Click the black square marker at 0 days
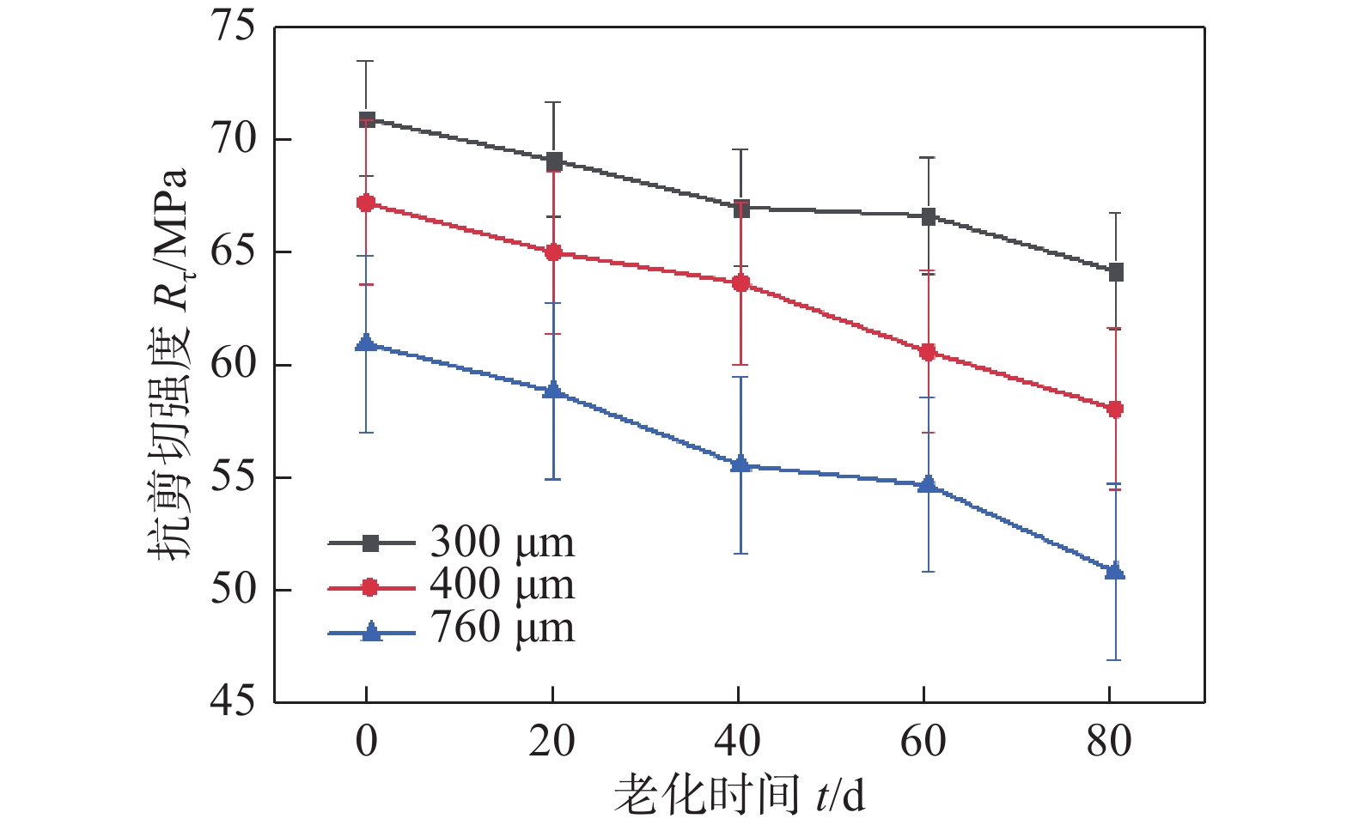click(x=367, y=119)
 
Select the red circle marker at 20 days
click(x=553, y=252)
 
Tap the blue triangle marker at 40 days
click(x=740, y=464)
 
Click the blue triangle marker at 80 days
click(x=1115, y=571)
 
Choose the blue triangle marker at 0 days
click(x=366, y=343)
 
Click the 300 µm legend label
click(x=502, y=542)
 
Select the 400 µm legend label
click(x=502, y=585)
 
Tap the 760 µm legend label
click(x=502, y=628)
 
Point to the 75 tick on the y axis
click(x=233, y=27)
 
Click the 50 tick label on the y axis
click(x=233, y=591)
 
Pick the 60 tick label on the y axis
click(x=233, y=365)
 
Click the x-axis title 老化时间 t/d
click(x=739, y=794)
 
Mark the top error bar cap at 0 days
click(x=367, y=61)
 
